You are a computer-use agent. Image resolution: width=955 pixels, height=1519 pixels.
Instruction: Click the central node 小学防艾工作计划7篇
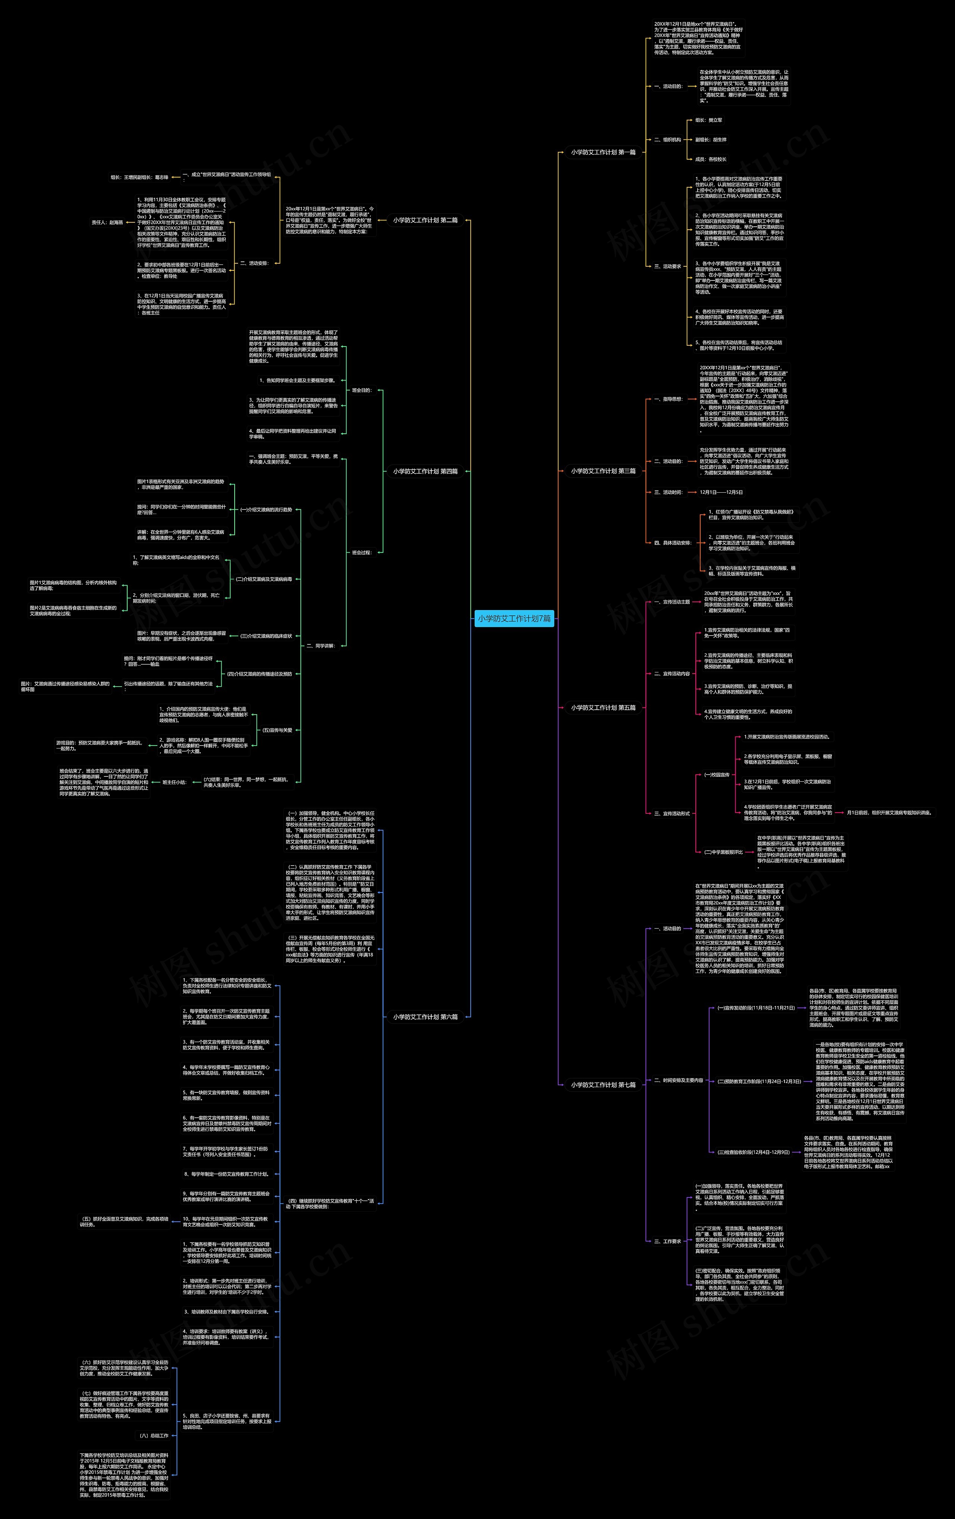514,619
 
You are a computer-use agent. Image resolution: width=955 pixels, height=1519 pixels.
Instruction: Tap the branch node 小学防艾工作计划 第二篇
425,220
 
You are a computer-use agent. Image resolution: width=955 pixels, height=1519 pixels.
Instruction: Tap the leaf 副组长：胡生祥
710,139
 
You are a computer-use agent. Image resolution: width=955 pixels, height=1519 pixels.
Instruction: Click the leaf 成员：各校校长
710,159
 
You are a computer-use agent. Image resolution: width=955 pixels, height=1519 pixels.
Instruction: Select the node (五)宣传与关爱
277,730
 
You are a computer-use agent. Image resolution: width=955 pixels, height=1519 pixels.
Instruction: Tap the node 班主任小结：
174,782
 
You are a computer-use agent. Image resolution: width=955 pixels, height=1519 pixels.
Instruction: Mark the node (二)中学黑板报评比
723,852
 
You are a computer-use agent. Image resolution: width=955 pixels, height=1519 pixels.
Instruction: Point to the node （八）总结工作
154,1436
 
